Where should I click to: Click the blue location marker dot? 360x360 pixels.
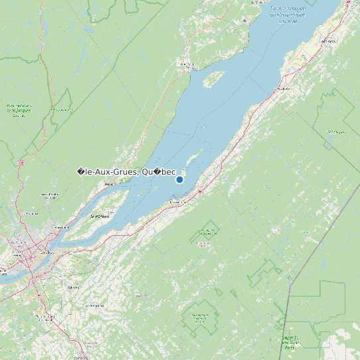click(x=179, y=179)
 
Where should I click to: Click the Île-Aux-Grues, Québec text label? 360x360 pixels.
click(x=126, y=172)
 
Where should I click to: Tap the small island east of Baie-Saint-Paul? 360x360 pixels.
click(x=212, y=80)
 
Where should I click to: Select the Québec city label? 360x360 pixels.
click(x=46, y=252)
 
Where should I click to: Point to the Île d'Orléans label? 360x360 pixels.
click(x=100, y=217)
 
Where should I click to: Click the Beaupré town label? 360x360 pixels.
click(x=110, y=183)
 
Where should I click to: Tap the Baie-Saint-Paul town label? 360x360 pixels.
click(x=188, y=64)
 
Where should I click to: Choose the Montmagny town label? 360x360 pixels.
click(x=177, y=201)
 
